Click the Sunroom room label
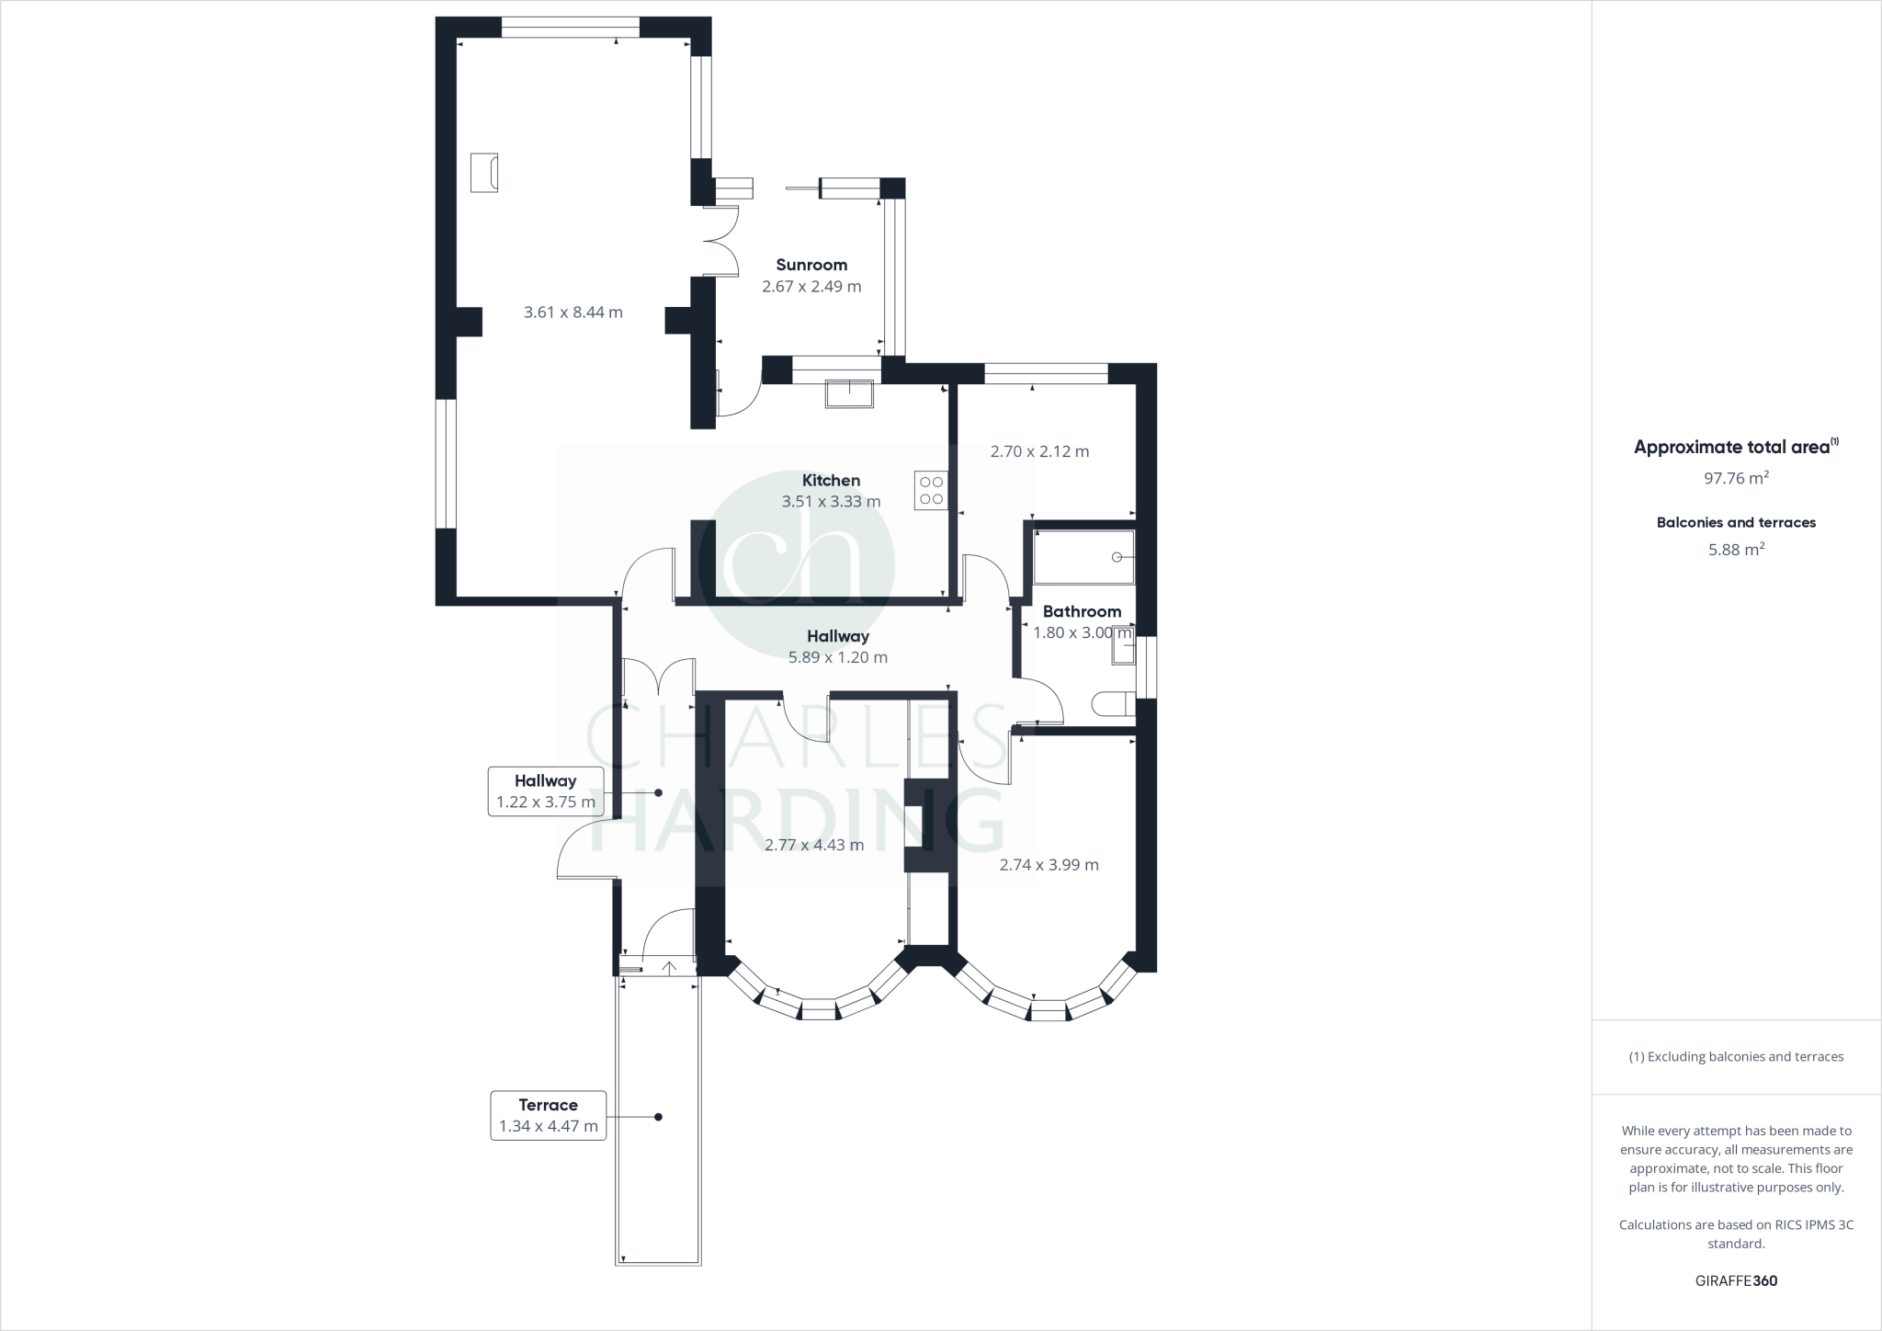(x=811, y=265)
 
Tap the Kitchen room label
(x=831, y=480)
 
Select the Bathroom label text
(x=1082, y=611)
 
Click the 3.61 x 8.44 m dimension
(x=573, y=313)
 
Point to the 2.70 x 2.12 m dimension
(x=1039, y=451)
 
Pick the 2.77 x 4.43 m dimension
(x=814, y=845)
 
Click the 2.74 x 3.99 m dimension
(x=1049, y=864)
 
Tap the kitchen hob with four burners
(x=931, y=490)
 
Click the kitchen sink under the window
(x=850, y=392)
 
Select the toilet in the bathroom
(x=1113, y=704)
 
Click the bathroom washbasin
(x=1124, y=651)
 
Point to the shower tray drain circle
(x=1117, y=557)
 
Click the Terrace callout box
(x=548, y=1115)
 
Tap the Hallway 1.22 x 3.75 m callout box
(x=546, y=791)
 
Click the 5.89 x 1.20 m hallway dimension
(x=838, y=657)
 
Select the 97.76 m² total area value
(x=1736, y=478)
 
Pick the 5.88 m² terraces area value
(x=1736, y=550)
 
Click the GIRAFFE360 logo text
(x=1736, y=1280)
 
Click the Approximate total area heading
(x=1732, y=448)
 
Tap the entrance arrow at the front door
(x=669, y=968)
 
